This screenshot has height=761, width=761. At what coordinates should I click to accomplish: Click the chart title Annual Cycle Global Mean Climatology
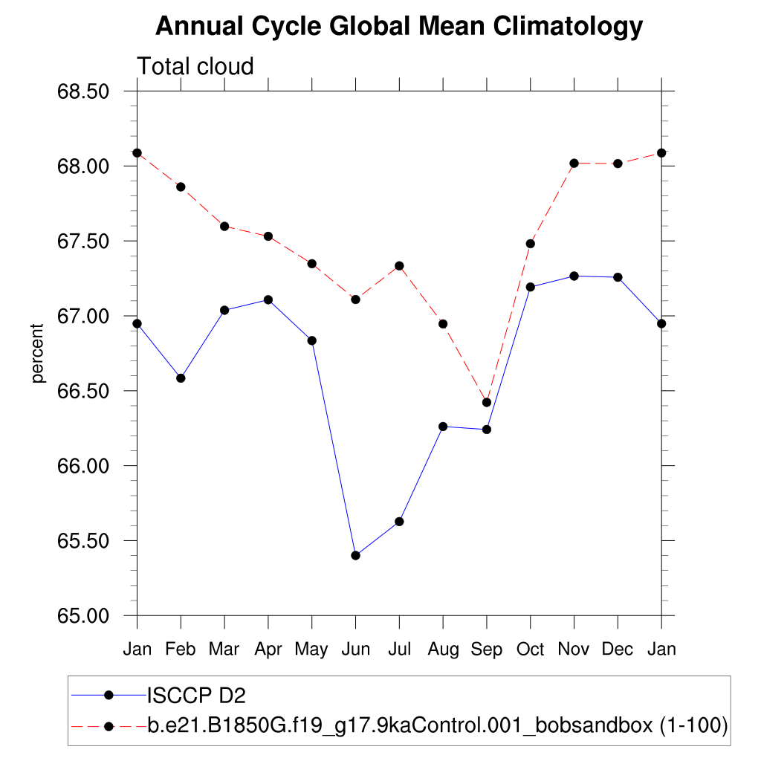(398, 27)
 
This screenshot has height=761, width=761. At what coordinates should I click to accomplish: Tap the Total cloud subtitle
(195, 66)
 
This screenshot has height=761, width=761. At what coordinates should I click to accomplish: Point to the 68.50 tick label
(83, 91)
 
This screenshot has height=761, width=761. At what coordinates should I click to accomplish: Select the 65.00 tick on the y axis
(83, 616)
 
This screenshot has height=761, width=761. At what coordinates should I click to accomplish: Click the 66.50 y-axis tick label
(83, 392)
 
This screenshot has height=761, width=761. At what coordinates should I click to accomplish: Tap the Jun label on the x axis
(355, 650)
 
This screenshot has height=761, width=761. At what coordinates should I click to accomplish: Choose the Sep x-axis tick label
(487, 650)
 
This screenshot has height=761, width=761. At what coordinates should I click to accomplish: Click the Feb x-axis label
(181, 650)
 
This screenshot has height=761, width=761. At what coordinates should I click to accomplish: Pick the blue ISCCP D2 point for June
(355, 555)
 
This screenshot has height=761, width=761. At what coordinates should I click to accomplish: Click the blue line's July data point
(399, 522)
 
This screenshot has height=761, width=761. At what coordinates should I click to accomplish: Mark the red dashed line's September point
(487, 402)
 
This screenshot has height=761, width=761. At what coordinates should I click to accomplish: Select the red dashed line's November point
(574, 163)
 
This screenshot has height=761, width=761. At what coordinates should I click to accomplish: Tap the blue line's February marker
(181, 378)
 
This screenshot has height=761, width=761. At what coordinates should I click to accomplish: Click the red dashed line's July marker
(399, 265)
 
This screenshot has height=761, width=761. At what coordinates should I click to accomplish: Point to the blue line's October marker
(530, 287)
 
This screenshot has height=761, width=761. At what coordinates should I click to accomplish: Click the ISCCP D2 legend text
(196, 696)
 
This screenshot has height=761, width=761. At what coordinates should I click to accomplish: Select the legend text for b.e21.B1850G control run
(437, 725)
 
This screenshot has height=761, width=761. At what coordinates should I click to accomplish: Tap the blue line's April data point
(268, 299)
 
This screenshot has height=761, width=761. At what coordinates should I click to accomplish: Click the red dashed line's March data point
(224, 226)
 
